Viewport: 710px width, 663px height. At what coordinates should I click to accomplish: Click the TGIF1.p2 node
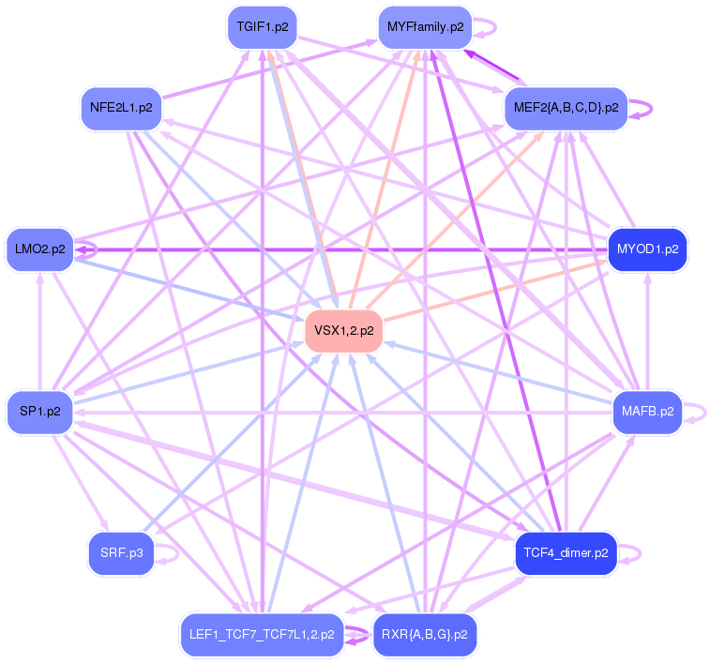coord(263,27)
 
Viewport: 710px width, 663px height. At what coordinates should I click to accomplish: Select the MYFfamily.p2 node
coord(425,27)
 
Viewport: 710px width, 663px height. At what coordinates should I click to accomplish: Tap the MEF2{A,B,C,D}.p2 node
coord(565,108)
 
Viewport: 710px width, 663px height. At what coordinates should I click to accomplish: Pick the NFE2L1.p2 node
coord(121,108)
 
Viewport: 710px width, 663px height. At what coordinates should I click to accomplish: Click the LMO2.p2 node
coord(40,249)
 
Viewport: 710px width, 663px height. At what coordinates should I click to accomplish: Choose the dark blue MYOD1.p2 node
coord(648,249)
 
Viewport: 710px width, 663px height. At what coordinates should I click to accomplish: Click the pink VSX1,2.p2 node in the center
coord(343,330)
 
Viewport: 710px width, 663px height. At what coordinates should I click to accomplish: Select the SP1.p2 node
coord(40,412)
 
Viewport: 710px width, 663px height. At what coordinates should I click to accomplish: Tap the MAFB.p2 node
coord(647,412)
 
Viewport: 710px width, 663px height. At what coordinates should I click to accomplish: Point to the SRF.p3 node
coord(121,553)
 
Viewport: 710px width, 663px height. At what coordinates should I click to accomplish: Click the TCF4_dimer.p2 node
coord(566,552)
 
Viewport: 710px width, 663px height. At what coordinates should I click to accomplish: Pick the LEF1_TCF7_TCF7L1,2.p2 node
coord(260,635)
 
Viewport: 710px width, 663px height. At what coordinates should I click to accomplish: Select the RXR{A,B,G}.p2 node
coord(425,635)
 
